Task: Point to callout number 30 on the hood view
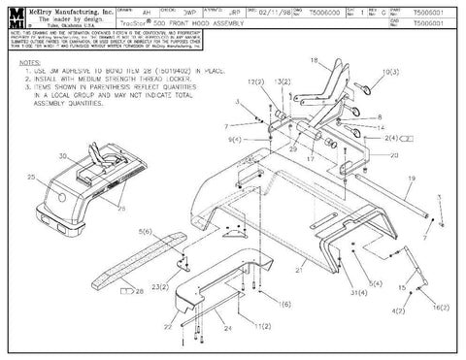click(x=63, y=154)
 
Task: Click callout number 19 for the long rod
click(x=412, y=179)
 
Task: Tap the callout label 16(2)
click(x=440, y=306)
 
